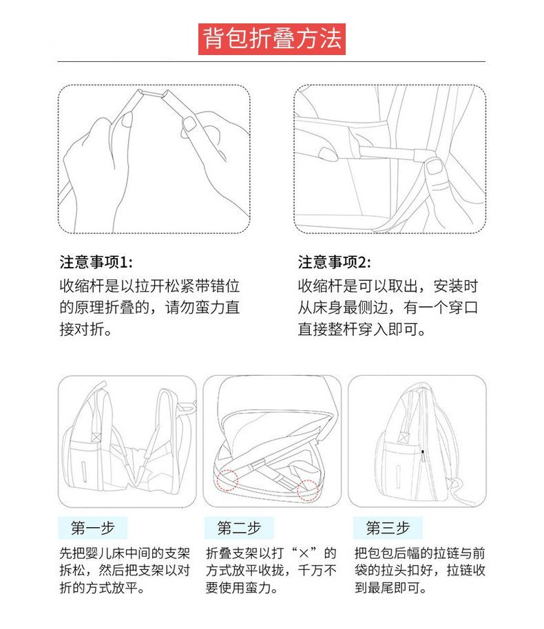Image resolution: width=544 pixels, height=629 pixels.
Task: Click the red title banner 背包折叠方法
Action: tap(272, 39)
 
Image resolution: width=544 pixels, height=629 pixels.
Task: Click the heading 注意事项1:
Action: tap(96, 262)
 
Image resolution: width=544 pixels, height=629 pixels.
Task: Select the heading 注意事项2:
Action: tap(335, 262)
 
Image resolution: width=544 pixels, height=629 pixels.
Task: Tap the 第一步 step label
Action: tap(93, 528)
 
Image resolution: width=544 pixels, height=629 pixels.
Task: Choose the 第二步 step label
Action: tap(239, 528)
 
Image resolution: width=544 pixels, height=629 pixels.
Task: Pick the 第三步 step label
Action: tap(388, 528)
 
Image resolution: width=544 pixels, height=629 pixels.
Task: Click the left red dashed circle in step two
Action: tap(228, 480)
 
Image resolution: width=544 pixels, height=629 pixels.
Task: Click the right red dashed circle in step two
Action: tap(308, 490)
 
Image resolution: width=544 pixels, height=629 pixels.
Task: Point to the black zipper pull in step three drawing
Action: tap(422, 453)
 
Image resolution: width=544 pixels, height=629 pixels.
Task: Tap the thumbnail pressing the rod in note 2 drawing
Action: tap(435, 167)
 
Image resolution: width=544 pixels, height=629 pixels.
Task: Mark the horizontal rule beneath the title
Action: tap(271, 62)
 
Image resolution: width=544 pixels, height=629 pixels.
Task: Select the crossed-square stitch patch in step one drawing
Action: tap(96, 436)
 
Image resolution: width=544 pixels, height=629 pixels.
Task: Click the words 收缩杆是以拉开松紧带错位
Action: tap(149, 286)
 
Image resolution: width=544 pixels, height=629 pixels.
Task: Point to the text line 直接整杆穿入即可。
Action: tap(362, 330)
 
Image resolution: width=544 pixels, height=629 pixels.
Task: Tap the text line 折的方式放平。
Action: tap(102, 588)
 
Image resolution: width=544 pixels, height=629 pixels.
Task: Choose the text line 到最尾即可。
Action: tap(390, 588)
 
